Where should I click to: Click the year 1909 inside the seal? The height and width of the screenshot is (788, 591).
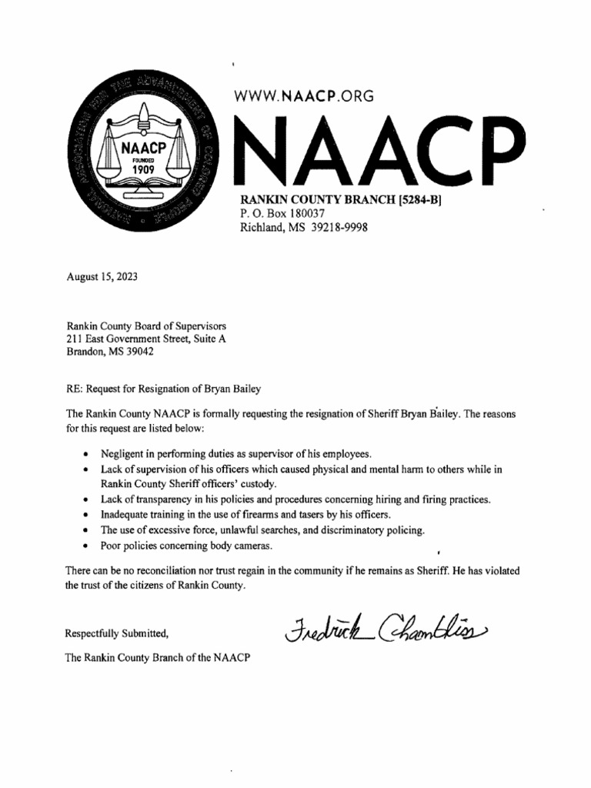(x=143, y=169)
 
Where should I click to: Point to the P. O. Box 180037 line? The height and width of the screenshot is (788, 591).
(x=284, y=214)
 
